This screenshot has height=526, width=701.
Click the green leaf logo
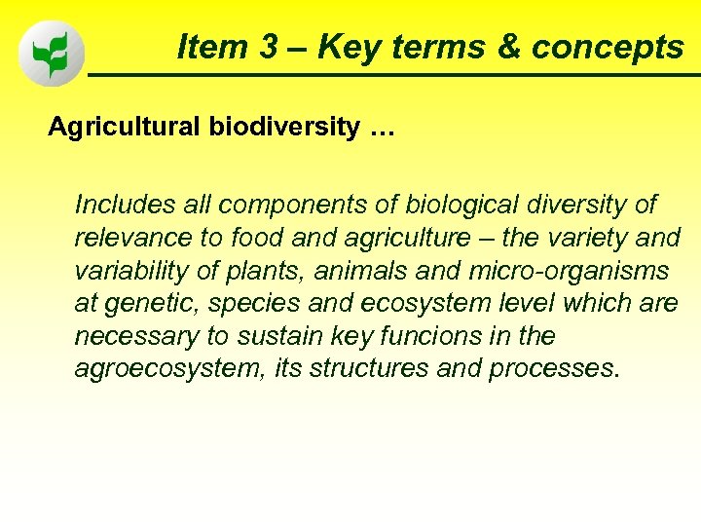[x=52, y=53]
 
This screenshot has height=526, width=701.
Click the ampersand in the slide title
[x=506, y=47]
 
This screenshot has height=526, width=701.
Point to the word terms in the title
[x=442, y=47]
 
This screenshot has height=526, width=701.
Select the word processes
[x=553, y=370]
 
